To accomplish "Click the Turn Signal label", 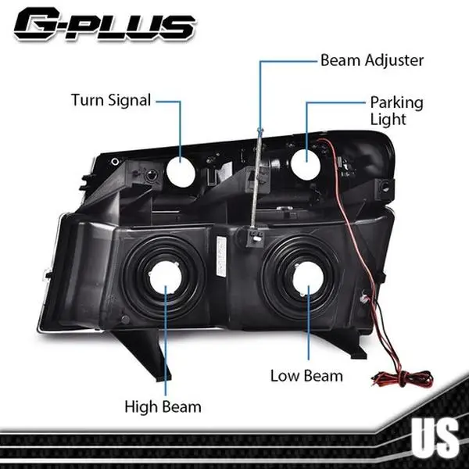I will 110,100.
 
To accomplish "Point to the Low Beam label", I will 306,376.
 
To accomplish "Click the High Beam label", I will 163,406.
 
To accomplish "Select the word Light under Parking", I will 388,120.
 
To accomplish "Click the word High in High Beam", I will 140,406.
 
